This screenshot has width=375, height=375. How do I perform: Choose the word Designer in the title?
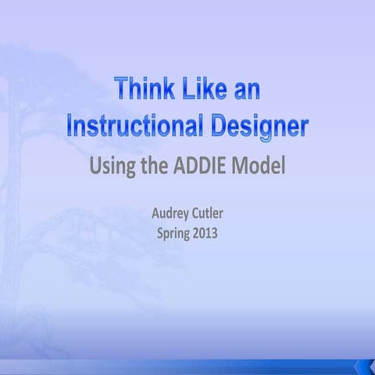[x=254, y=127]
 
